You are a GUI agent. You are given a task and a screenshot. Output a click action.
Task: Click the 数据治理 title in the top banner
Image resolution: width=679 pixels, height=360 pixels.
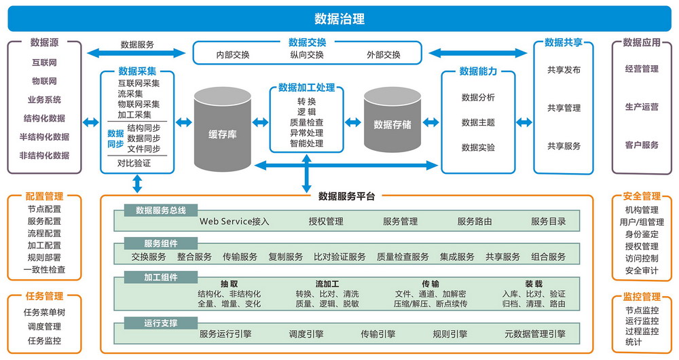[x=339, y=18]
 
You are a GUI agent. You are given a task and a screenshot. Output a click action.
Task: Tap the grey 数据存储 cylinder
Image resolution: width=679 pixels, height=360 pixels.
[x=392, y=125]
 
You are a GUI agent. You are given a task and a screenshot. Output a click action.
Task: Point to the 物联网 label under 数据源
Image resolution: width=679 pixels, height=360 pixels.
[x=44, y=82]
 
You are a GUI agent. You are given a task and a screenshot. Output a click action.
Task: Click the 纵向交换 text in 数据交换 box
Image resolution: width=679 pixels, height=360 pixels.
[x=307, y=55]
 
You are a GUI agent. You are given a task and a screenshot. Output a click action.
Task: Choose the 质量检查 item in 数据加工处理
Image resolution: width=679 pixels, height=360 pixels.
[x=306, y=123]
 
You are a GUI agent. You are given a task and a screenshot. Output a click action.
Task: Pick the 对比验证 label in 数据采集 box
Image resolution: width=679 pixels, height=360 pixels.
[x=134, y=163]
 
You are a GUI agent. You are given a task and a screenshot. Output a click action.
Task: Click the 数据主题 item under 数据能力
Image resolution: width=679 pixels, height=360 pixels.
[x=478, y=123]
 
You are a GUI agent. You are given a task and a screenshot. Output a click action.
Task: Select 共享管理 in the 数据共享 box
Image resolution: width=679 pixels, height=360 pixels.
[x=564, y=108]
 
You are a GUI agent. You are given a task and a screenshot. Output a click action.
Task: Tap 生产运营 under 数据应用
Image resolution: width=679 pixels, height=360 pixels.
[x=642, y=107]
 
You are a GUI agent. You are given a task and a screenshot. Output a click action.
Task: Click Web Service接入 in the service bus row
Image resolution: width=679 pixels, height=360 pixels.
[x=234, y=221]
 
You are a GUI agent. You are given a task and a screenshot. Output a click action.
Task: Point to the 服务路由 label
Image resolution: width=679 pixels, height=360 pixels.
[x=475, y=221]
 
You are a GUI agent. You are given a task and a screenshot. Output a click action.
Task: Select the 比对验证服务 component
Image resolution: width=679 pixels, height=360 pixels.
[x=339, y=257]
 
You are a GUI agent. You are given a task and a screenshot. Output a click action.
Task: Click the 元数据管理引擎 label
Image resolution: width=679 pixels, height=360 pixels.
[x=535, y=334]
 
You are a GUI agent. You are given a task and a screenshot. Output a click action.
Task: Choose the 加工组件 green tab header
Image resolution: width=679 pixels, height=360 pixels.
[x=160, y=277]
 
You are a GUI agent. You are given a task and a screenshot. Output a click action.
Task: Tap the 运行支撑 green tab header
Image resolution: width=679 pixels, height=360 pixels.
[x=160, y=323]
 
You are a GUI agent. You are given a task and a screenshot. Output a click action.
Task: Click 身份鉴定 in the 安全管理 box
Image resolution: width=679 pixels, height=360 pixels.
[x=642, y=234]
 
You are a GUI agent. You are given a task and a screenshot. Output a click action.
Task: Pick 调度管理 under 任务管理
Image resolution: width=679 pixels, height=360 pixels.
[x=44, y=327]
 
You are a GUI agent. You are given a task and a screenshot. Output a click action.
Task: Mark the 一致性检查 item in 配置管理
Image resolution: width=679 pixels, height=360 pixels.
[x=44, y=270]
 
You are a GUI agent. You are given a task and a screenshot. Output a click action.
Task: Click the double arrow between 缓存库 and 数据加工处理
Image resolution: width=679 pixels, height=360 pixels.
[x=260, y=123]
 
